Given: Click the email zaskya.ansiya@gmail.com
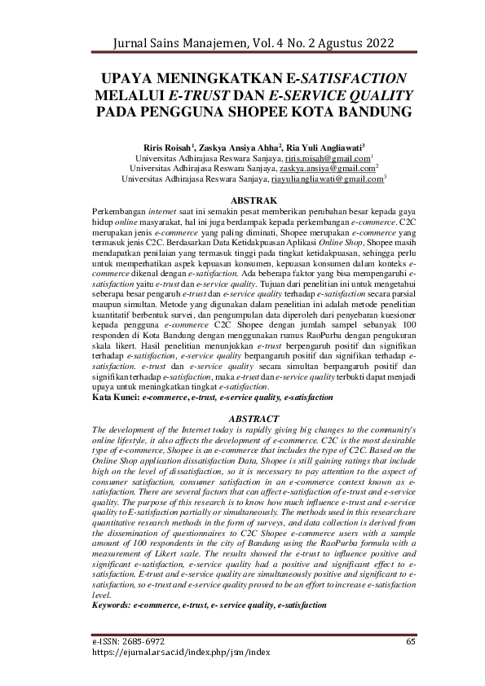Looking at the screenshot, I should click(x=324, y=167).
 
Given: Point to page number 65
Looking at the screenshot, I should click(x=411, y=642).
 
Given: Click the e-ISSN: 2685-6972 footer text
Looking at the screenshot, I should click(x=128, y=642).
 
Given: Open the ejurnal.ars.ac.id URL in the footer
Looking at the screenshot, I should click(x=180, y=653).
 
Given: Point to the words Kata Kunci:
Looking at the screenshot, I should click(x=117, y=398).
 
